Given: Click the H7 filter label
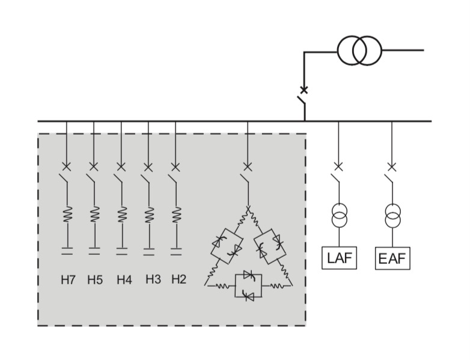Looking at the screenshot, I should pyautogui.click(x=67, y=279).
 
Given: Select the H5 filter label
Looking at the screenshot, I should pyautogui.click(x=95, y=279).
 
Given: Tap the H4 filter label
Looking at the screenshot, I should pyautogui.click(x=124, y=279).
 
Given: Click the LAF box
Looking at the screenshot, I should pyautogui.click(x=339, y=258).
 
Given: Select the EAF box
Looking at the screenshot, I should pyautogui.click(x=392, y=259).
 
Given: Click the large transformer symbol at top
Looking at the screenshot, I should pyautogui.click(x=359, y=50).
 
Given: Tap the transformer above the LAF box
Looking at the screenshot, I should pyautogui.click(x=339, y=216).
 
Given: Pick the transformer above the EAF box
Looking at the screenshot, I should pyautogui.click(x=392, y=216).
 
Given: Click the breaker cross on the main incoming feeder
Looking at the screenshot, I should pyautogui.click(x=304, y=90).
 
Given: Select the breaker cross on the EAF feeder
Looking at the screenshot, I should pyautogui.click(x=392, y=166).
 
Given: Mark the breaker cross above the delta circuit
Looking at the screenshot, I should pyautogui.click(x=247, y=166).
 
